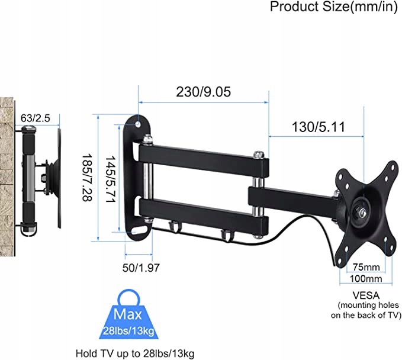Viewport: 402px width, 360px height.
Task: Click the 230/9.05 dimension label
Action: coord(203,92)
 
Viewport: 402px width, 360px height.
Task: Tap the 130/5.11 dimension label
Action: coord(318,127)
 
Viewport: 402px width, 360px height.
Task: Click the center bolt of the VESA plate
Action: coord(361,208)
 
